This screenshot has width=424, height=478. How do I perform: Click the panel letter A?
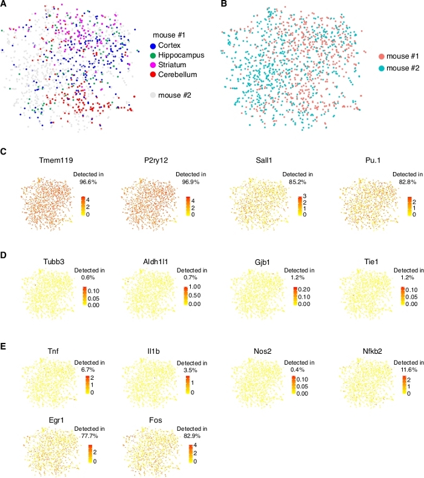[4, 4]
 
